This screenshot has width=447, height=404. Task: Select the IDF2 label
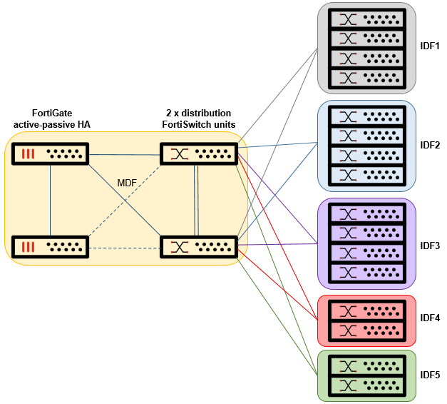[430, 146]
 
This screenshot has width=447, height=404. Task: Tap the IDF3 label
[430, 246]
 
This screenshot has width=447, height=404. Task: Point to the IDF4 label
[430, 318]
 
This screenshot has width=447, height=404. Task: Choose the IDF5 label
[430, 375]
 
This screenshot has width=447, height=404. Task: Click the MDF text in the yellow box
[127, 183]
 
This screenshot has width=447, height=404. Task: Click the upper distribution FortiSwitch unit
[197, 153]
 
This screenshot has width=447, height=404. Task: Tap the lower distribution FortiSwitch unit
[197, 247]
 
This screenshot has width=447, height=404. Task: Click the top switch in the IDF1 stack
[366, 18]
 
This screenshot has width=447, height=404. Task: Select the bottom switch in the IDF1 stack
[366, 77]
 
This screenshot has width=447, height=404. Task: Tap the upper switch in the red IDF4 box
[366, 310]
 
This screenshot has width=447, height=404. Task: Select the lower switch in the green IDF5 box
[366, 385]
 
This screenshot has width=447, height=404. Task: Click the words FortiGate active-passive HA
[51, 118]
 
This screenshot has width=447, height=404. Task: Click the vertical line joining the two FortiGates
[50, 200]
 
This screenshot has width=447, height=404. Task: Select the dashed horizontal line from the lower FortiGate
[125, 248]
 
